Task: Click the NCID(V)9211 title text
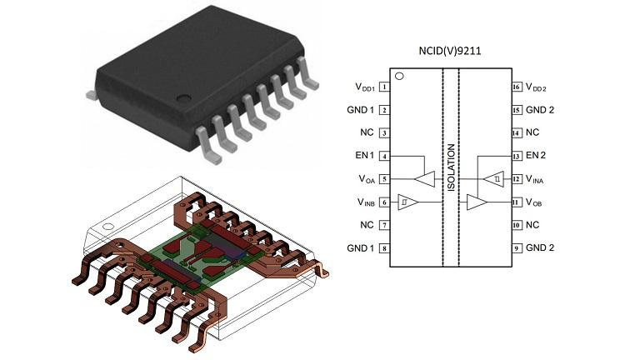pos(450,51)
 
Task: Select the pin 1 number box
pos(384,87)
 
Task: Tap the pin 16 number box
pos(517,87)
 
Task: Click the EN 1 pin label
pos(364,156)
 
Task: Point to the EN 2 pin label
pos(536,156)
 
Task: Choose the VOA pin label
pos(367,179)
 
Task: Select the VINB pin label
pos(366,202)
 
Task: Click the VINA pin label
pos(535,179)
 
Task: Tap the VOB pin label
pos(534,202)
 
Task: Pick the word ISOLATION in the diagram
pos(451,167)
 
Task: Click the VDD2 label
pos(536,87)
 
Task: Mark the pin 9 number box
pos(517,248)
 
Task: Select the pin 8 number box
pos(384,248)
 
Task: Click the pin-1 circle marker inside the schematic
pos(400,77)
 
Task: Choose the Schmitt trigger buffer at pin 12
pos(495,179)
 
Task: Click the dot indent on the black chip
pos(183,98)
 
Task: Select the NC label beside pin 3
pos(367,132)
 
